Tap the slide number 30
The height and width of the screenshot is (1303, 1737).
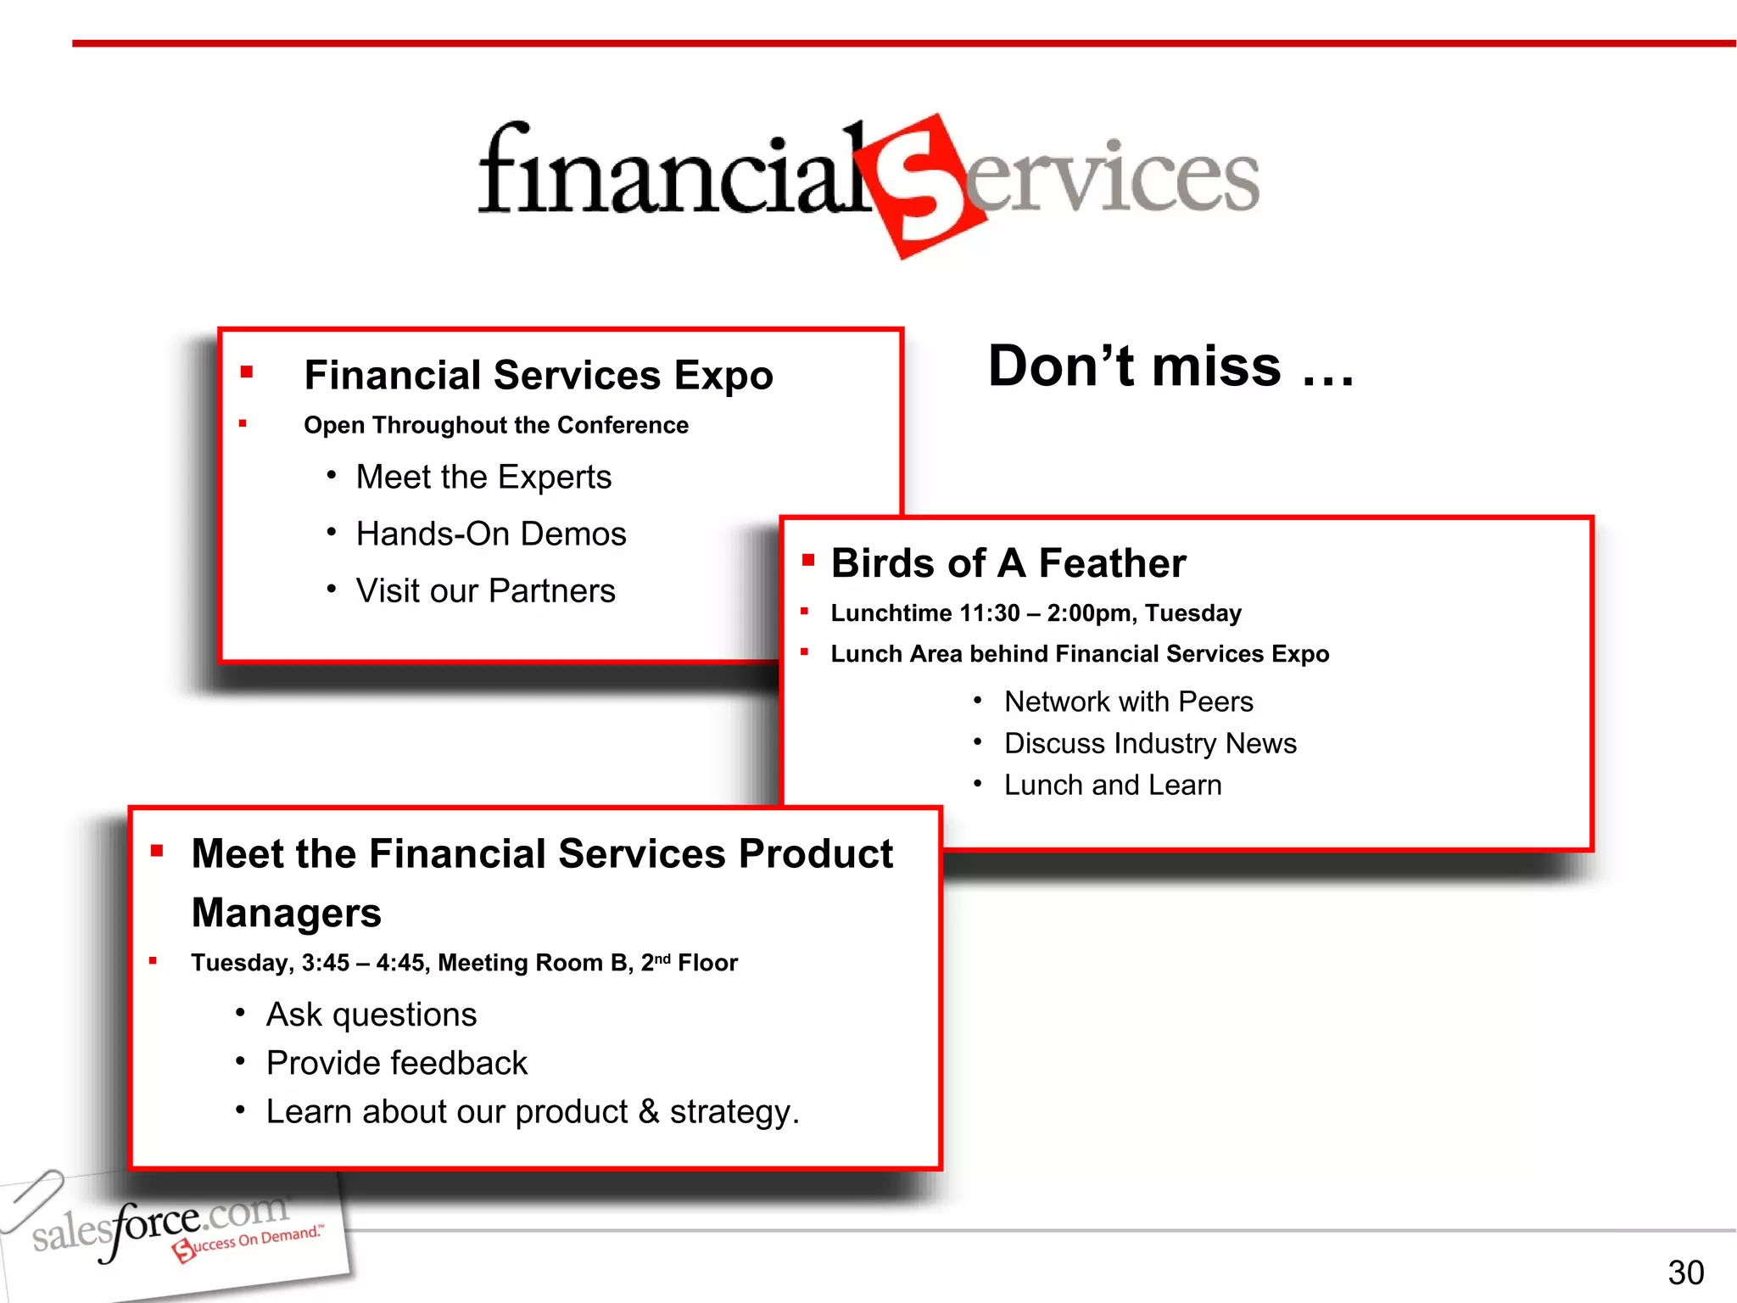[1685, 1272]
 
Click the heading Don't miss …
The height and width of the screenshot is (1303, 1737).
[1170, 366]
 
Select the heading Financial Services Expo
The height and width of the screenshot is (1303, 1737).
[539, 375]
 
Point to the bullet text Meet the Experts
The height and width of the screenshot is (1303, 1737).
[483, 477]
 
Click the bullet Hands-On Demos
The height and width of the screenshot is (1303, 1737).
[491, 534]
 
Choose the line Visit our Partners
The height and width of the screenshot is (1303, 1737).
[485, 590]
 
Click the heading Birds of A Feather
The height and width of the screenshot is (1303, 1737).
[1008, 563]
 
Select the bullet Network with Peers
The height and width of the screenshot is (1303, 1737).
[1128, 702]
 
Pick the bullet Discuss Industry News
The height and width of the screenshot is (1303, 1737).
[1150, 743]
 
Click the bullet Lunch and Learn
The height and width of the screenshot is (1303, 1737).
[1113, 785]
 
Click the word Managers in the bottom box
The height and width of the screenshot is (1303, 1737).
[287, 913]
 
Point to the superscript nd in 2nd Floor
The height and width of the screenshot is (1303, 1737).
[662, 958]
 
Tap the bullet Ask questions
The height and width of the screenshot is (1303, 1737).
[371, 1015]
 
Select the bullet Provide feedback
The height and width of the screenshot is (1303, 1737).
[397, 1063]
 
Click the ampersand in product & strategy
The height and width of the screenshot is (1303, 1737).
[649, 1111]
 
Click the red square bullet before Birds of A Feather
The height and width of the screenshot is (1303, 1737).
[808, 559]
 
